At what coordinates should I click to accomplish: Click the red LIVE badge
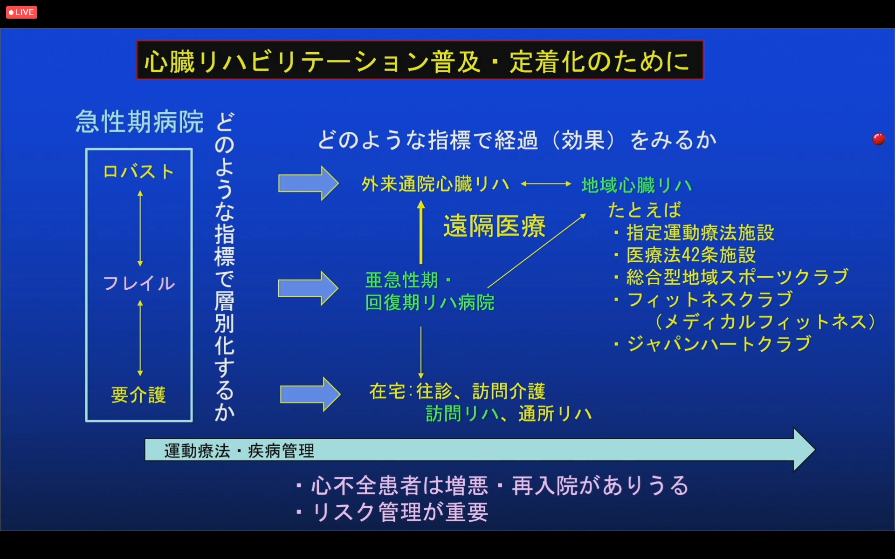[21, 12]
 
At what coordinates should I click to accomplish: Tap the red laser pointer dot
[878, 139]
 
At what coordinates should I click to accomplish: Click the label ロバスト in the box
[138, 171]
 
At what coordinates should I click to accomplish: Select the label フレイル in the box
[138, 283]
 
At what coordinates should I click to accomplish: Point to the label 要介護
[138, 395]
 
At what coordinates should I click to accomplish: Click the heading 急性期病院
[139, 122]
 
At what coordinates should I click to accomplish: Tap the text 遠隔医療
[494, 226]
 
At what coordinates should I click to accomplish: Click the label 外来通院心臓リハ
[435, 184]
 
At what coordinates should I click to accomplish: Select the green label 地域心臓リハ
[637, 185]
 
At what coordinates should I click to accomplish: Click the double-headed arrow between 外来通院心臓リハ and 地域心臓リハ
[546, 184]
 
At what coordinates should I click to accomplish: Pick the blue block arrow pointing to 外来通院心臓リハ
[308, 183]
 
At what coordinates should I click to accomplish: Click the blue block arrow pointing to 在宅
[310, 394]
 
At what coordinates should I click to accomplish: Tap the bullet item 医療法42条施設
[690, 255]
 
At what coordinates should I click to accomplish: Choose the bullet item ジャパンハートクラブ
[719, 344]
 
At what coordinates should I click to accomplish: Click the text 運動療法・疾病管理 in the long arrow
[239, 450]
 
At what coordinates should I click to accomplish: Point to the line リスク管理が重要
[400, 512]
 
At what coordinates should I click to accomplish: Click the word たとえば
[645, 210]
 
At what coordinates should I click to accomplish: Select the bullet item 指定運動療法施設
[700, 232]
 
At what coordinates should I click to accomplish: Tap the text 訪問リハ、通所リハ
[509, 414]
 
